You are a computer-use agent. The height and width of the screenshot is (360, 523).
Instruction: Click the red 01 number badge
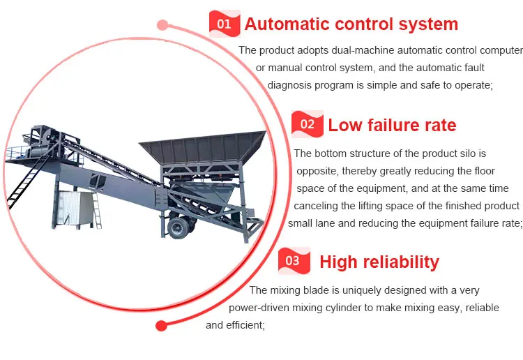(x=225, y=24)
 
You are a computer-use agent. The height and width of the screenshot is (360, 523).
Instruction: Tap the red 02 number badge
(x=308, y=124)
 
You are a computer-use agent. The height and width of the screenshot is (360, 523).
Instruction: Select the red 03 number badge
(x=294, y=260)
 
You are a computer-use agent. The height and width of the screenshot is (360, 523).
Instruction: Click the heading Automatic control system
(x=351, y=24)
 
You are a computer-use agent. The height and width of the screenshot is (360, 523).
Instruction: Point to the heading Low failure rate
(x=392, y=125)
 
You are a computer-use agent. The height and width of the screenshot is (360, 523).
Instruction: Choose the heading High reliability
(x=379, y=262)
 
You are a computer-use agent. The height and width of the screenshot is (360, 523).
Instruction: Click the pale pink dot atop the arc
(x=162, y=24)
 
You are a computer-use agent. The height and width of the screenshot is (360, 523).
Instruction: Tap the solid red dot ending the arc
(x=162, y=326)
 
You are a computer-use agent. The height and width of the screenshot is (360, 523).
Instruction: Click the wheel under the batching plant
(x=179, y=227)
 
